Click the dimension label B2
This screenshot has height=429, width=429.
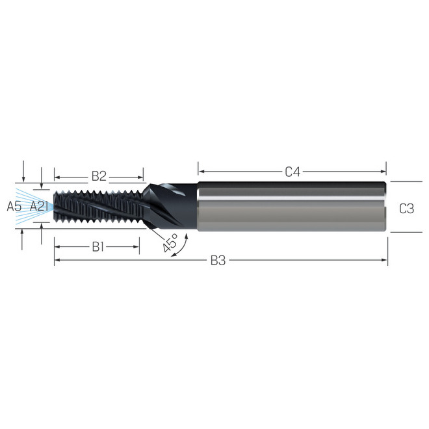point(99,175)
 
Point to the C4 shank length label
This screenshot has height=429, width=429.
point(292,172)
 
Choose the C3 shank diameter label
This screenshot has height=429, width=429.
point(406,208)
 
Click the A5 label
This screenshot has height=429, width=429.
point(14,207)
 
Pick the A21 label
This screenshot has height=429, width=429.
point(39,207)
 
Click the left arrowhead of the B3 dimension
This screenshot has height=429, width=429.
point(57,261)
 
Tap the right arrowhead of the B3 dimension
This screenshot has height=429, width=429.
point(384,261)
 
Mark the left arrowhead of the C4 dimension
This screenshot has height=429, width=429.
point(201,172)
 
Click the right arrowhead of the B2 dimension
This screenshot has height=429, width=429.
point(140,175)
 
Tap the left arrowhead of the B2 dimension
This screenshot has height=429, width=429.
point(57,175)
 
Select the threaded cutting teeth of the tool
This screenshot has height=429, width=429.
point(97,207)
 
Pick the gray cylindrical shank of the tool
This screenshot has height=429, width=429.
point(292,207)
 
